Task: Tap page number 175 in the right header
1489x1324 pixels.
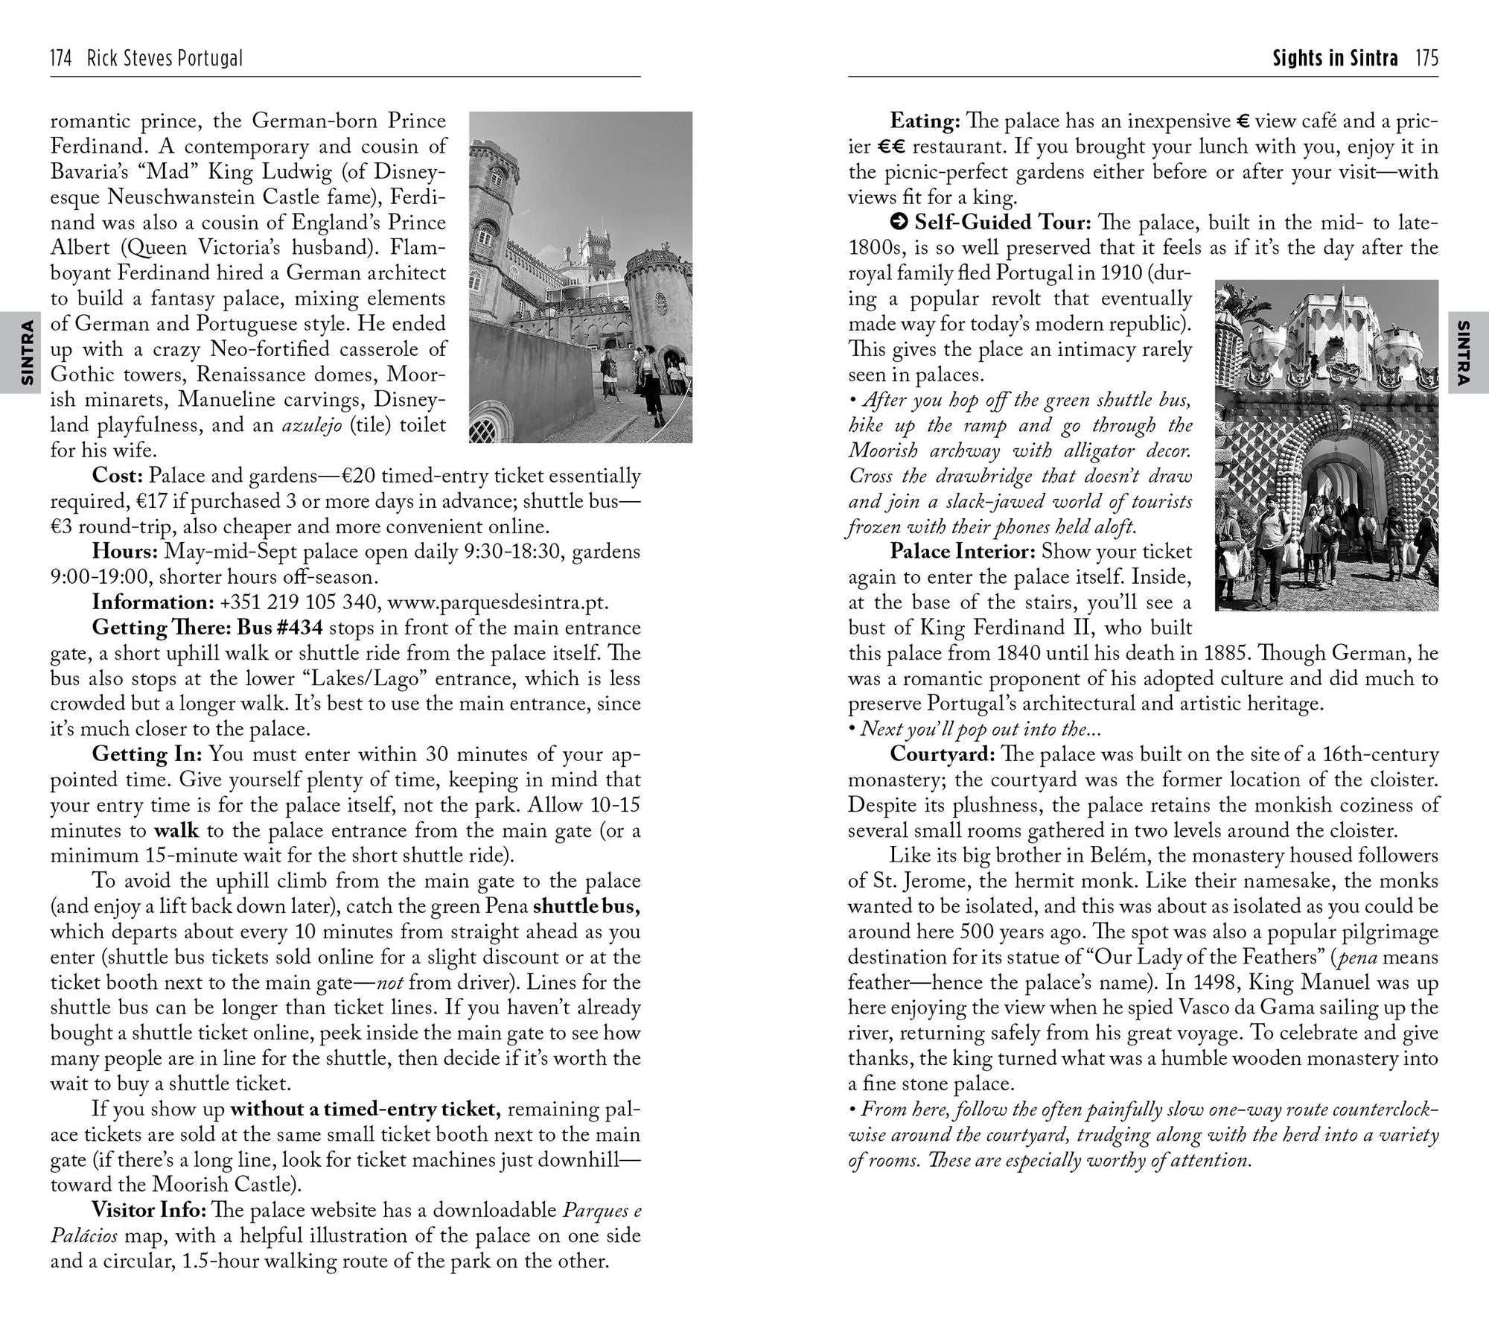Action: (x=1427, y=59)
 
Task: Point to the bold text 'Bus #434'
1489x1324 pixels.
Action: (x=279, y=628)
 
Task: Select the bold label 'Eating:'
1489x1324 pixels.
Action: (x=925, y=121)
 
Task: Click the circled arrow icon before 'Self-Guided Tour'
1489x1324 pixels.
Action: (x=899, y=222)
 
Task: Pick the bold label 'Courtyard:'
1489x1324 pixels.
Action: (x=943, y=754)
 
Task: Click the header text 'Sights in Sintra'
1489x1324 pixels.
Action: (x=1335, y=59)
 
